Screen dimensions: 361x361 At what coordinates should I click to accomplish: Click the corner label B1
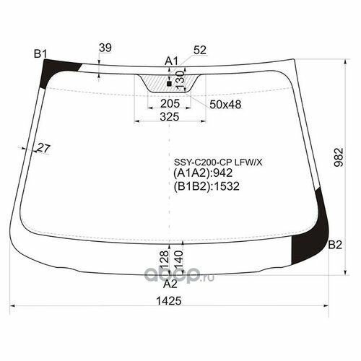[40, 53]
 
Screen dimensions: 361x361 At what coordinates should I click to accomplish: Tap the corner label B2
[335, 245]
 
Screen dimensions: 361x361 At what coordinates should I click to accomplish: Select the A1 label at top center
[171, 61]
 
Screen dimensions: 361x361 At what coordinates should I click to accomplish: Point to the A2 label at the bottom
[170, 284]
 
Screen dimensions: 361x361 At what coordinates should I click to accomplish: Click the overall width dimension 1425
[169, 301]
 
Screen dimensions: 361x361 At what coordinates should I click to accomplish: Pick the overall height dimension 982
[339, 157]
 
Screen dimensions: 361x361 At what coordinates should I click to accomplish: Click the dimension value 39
[105, 48]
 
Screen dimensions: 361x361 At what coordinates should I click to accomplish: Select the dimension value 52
[200, 50]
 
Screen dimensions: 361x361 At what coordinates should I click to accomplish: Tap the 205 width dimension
[170, 104]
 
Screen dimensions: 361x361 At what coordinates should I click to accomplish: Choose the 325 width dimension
[170, 117]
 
